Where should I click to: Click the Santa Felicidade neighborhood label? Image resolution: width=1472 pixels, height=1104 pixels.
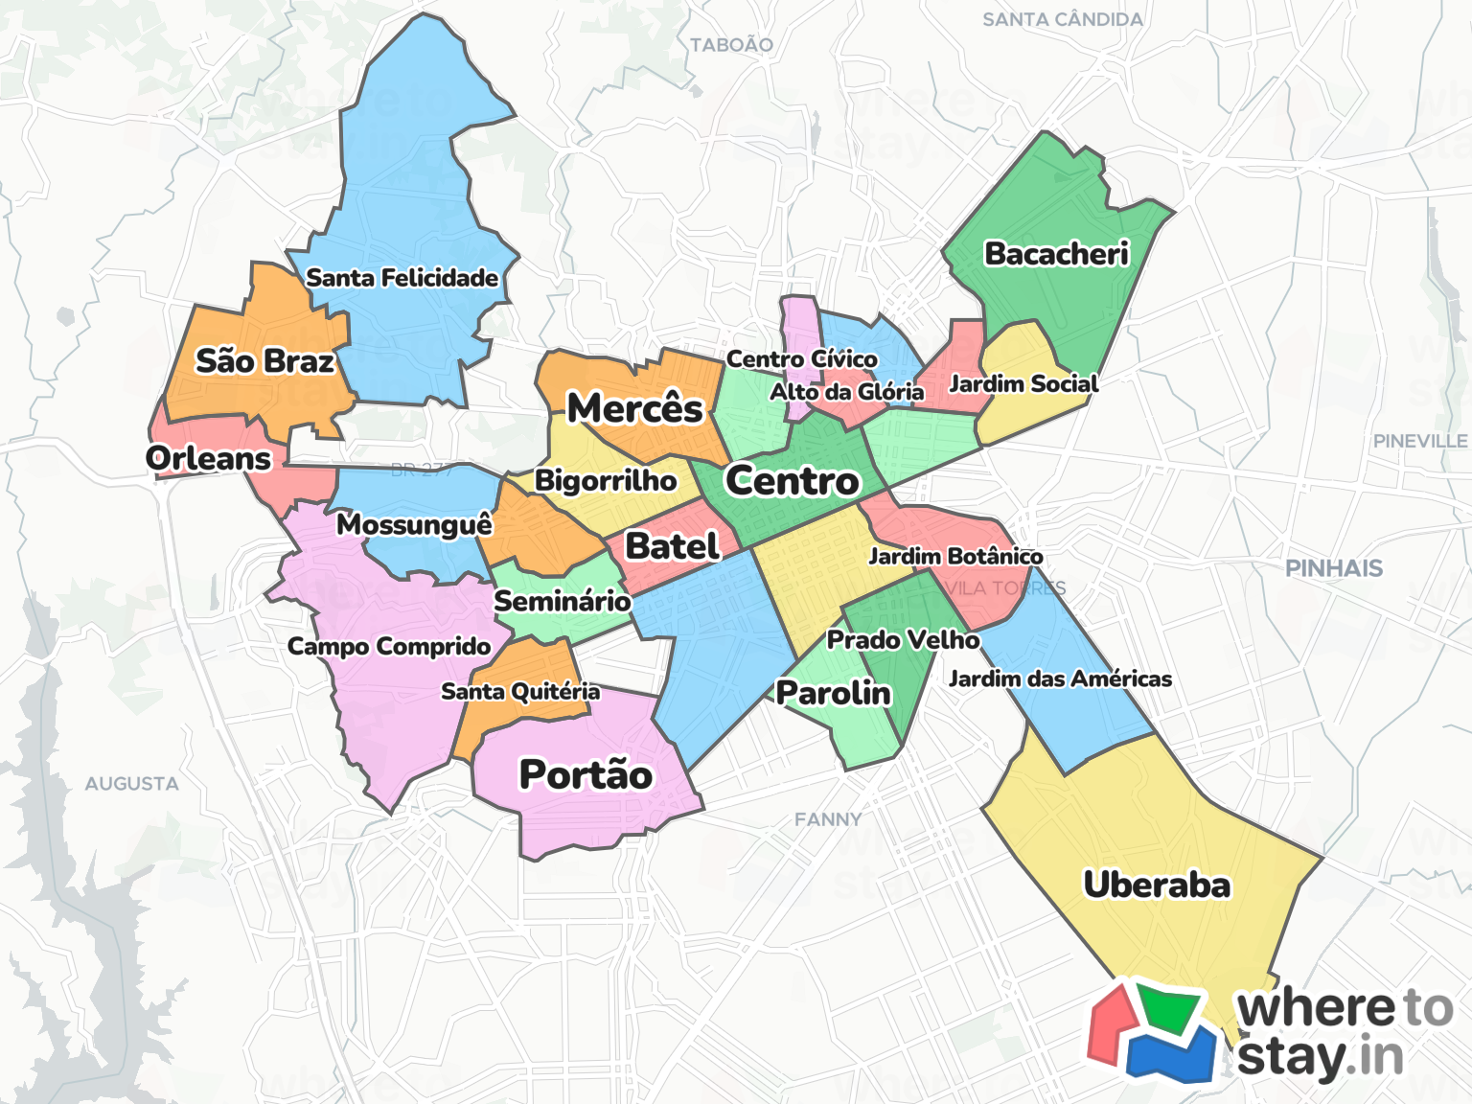402,278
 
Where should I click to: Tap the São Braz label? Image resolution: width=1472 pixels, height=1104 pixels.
264,361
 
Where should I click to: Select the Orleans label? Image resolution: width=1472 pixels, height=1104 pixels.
209,458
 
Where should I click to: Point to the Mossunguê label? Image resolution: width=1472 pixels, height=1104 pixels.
414,524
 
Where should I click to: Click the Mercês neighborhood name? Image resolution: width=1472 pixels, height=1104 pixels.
635,408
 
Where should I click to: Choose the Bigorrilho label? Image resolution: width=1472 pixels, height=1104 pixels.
606,480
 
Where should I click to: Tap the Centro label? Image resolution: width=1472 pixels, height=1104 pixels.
793,480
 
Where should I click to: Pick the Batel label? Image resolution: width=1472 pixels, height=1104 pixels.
672,546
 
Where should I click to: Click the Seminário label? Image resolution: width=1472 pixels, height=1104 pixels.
563,601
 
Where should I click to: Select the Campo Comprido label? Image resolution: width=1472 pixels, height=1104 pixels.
389,647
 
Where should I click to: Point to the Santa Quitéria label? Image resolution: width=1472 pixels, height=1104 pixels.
520,691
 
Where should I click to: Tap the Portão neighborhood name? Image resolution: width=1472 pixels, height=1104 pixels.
586,774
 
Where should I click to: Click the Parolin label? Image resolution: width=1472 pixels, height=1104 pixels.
834,692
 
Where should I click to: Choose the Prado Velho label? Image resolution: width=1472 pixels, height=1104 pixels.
903,639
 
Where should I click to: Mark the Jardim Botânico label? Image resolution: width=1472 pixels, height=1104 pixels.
955,556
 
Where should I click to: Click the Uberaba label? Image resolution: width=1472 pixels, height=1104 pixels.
1157,885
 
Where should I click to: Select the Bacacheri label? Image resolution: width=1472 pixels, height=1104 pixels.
1057,254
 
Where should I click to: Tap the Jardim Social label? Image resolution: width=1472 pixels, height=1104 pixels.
1023,384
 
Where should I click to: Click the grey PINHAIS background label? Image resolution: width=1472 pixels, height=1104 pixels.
1334,568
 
